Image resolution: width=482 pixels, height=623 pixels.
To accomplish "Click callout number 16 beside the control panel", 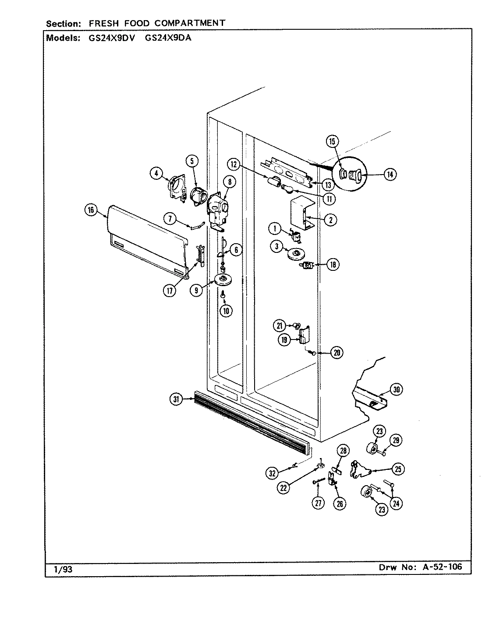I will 90,210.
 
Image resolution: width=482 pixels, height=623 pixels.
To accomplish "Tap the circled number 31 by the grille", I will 176,399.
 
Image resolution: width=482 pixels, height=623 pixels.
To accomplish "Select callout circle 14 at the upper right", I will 390,174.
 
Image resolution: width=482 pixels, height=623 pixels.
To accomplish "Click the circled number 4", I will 156,174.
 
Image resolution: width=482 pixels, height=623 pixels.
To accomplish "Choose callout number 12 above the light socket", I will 233,165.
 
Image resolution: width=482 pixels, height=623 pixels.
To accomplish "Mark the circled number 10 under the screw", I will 226,311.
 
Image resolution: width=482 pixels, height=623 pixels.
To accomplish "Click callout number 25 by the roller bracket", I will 398,469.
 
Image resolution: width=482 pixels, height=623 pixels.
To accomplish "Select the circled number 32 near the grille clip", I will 272,472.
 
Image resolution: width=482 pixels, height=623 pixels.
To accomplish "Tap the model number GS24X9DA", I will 168,38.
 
